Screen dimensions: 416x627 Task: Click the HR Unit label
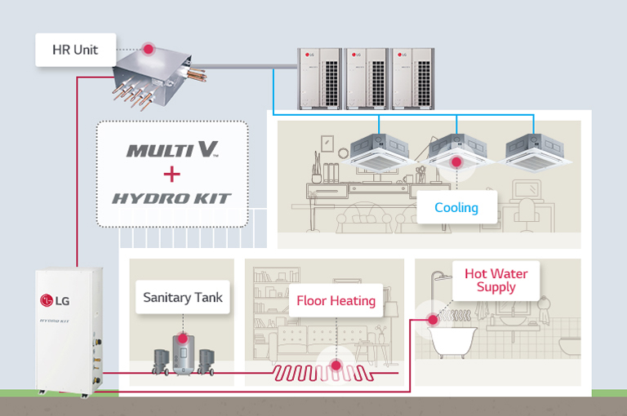74,50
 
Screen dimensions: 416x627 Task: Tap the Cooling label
456,207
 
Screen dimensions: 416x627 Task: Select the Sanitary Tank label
183,297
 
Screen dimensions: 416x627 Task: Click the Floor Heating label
336,301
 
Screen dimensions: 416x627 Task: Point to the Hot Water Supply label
496,280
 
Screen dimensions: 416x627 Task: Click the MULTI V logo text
172,150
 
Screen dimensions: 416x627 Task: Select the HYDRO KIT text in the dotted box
171,198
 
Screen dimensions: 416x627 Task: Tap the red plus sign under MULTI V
171,174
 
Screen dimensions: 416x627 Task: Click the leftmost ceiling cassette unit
380,150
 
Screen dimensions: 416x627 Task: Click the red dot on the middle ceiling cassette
456,162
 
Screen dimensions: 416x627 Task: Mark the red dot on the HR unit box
149,49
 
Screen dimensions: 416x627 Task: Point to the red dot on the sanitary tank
182,337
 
